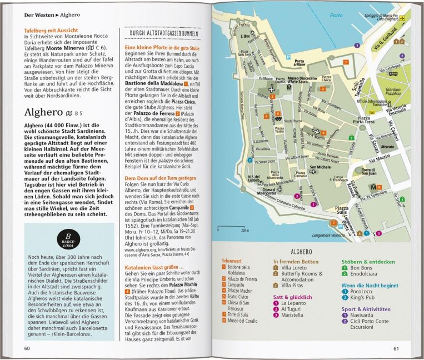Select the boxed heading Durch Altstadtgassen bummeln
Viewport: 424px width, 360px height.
[163, 33]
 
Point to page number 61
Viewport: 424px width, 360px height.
[396, 348]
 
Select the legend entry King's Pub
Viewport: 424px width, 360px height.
[361, 296]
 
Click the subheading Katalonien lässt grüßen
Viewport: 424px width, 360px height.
[151, 267]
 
